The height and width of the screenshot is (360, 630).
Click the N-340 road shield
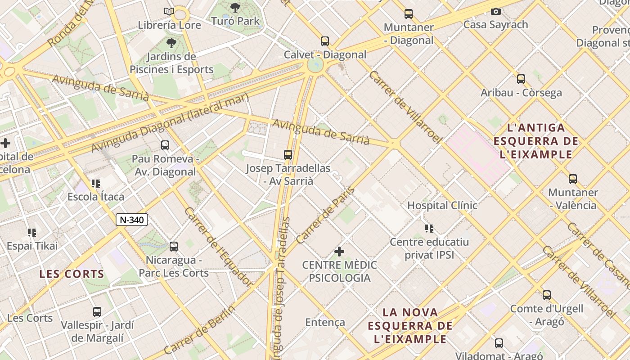[x=132, y=220]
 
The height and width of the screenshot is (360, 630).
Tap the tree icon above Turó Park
[x=235, y=7]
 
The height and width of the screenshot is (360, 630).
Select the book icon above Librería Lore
[x=169, y=11]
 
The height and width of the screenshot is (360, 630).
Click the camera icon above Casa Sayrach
[x=495, y=11]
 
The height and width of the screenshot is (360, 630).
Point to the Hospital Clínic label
[x=442, y=205]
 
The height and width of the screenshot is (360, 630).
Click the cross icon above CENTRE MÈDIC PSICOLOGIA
[x=339, y=251]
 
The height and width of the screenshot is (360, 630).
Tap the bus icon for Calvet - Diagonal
[x=325, y=41]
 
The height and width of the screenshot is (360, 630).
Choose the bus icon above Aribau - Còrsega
[x=521, y=79]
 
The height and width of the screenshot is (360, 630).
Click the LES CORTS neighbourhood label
[x=72, y=274]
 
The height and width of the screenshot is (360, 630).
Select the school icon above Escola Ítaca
[x=95, y=183]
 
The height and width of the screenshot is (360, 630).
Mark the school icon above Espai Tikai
[x=32, y=232]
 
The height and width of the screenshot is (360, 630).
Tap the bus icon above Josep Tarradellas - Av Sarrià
[x=288, y=155]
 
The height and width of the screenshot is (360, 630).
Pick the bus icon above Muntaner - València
[x=572, y=179]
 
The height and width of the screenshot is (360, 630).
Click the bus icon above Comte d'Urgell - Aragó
[x=546, y=295]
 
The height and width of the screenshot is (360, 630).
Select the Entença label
[x=325, y=322]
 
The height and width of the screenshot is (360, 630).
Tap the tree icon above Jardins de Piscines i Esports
[x=171, y=43]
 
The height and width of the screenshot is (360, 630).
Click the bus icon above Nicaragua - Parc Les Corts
[x=174, y=247]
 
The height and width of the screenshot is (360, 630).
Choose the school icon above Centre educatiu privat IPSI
[x=429, y=229]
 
